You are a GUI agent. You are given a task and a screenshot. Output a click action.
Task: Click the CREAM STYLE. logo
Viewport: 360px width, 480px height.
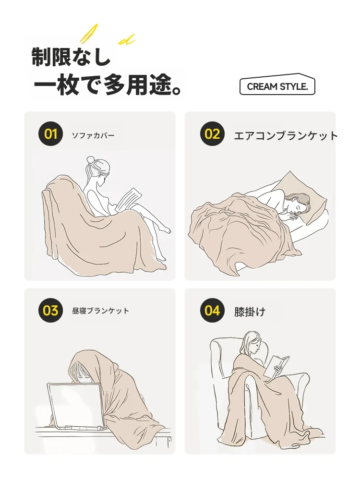coord(277,84)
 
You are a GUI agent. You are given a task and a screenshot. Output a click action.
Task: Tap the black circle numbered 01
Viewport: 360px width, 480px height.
coord(50,134)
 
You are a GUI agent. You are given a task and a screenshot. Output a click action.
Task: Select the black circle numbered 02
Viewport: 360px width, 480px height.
coord(213,134)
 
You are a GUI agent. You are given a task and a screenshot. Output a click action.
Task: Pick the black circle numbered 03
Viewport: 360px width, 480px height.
coord(50,310)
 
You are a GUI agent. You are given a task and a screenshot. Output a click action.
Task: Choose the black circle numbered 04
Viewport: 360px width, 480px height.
coord(213,310)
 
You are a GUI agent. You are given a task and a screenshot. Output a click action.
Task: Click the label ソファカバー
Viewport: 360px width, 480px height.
coord(93,135)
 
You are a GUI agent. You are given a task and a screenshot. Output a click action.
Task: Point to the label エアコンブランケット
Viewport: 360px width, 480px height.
coord(286,136)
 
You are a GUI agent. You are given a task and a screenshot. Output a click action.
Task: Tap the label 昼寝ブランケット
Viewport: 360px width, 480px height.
coord(100,311)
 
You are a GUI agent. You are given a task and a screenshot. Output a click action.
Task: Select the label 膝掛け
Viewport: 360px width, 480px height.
coord(250,312)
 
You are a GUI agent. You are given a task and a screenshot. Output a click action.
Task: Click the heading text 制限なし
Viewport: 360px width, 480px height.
coord(71,57)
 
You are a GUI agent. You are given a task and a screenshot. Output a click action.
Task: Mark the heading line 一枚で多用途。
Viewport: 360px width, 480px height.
coord(108,84)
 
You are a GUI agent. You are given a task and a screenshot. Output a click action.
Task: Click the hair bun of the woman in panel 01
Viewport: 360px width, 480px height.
coord(91,160)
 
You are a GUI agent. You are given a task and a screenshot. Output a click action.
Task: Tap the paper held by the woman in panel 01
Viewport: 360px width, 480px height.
coord(129,199)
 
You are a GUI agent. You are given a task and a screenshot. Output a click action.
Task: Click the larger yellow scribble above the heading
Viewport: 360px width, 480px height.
coord(89,33)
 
